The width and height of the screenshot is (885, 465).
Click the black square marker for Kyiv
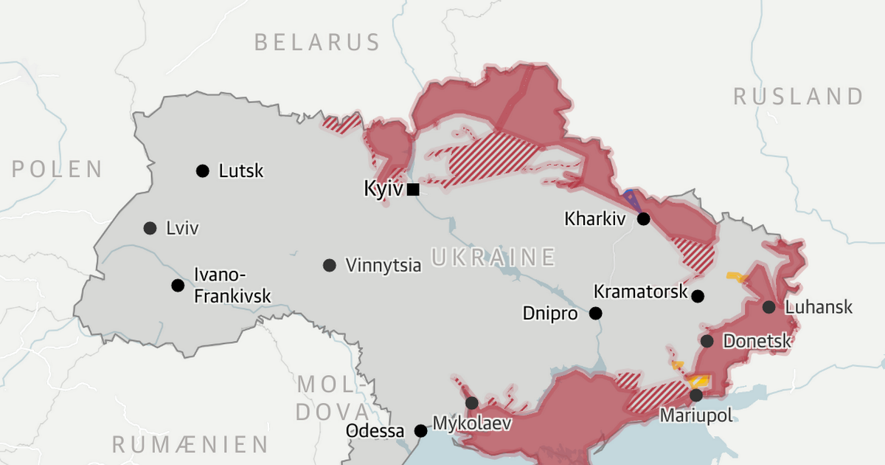(x=413, y=190)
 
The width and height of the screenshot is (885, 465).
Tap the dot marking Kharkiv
(x=644, y=218)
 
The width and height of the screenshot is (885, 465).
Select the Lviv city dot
(x=150, y=228)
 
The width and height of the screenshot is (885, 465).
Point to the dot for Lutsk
(x=202, y=171)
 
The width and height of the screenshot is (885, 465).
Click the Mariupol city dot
(x=696, y=395)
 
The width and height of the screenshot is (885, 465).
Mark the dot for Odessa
(x=420, y=430)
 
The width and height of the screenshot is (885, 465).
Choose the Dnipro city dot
(x=595, y=313)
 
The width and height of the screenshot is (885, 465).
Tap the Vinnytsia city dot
(x=330, y=265)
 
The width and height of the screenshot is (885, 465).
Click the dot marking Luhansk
(x=769, y=307)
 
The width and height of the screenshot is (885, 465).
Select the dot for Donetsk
(x=707, y=341)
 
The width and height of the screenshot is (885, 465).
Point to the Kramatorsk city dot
(x=698, y=296)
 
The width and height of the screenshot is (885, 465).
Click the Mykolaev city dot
(x=471, y=403)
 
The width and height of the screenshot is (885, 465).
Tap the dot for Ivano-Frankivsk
(x=178, y=286)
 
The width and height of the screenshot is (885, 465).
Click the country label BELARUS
(x=317, y=42)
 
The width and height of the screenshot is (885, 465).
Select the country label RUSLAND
(x=798, y=96)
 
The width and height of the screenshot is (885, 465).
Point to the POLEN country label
(x=57, y=169)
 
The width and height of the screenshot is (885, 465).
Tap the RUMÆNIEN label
(x=190, y=444)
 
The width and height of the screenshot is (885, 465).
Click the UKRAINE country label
(x=493, y=257)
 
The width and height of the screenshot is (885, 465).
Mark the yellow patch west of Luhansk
(x=737, y=277)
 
